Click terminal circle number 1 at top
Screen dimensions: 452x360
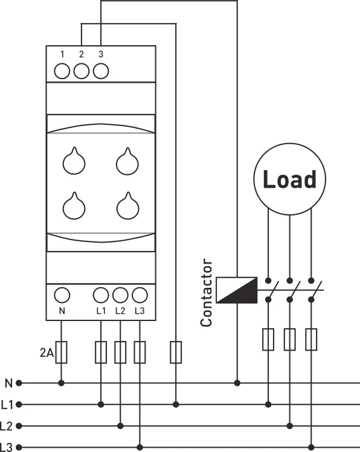(x=62, y=71)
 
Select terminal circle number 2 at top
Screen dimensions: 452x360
(x=82, y=71)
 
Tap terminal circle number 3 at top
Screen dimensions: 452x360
(x=101, y=71)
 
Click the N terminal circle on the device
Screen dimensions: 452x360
(x=62, y=295)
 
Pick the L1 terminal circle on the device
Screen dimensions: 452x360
(x=101, y=295)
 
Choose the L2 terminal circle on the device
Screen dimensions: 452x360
(x=120, y=295)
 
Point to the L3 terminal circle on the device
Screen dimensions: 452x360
(x=140, y=295)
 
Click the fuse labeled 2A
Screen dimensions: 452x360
(x=62, y=352)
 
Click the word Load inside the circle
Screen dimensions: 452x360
(x=289, y=179)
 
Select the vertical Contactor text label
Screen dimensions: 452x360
(x=207, y=293)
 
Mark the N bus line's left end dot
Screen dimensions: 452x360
(x=19, y=383)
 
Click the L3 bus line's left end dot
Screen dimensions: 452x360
(x=19, y=447)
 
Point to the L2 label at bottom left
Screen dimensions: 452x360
(x=7, y=426)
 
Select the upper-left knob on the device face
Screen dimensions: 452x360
(x=75, y=161)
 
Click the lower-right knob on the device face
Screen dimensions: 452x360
(x=126, y=206)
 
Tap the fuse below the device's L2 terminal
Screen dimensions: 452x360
(x=120, y=352)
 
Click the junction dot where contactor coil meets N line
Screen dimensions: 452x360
(x=237, y=383)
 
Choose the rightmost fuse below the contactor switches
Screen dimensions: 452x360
(x=311, y=339)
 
